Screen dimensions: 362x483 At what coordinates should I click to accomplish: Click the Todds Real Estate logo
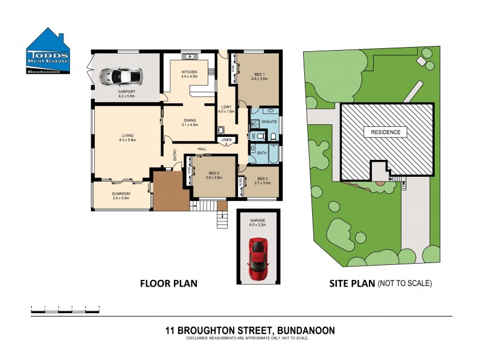[x=48, y=52]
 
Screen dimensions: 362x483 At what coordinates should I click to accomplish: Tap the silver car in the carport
[x=121, y=76]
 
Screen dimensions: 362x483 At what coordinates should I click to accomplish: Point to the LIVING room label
[x=127, y=135]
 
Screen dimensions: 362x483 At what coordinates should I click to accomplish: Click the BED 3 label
[x=262, y=179]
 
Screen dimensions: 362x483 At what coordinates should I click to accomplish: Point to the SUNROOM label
[x=120, y=194]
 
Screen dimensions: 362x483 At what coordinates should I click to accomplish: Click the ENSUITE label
[x=269, y=122]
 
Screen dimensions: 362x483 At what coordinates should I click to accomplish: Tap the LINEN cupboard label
[x=226, y=140]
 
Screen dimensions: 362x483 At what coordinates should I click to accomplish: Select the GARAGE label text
[x=258, y=220]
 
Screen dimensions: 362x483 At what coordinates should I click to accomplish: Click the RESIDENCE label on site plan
[x=386, y=132]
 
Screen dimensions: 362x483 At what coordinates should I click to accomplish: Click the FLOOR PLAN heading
[x=168, y=283]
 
